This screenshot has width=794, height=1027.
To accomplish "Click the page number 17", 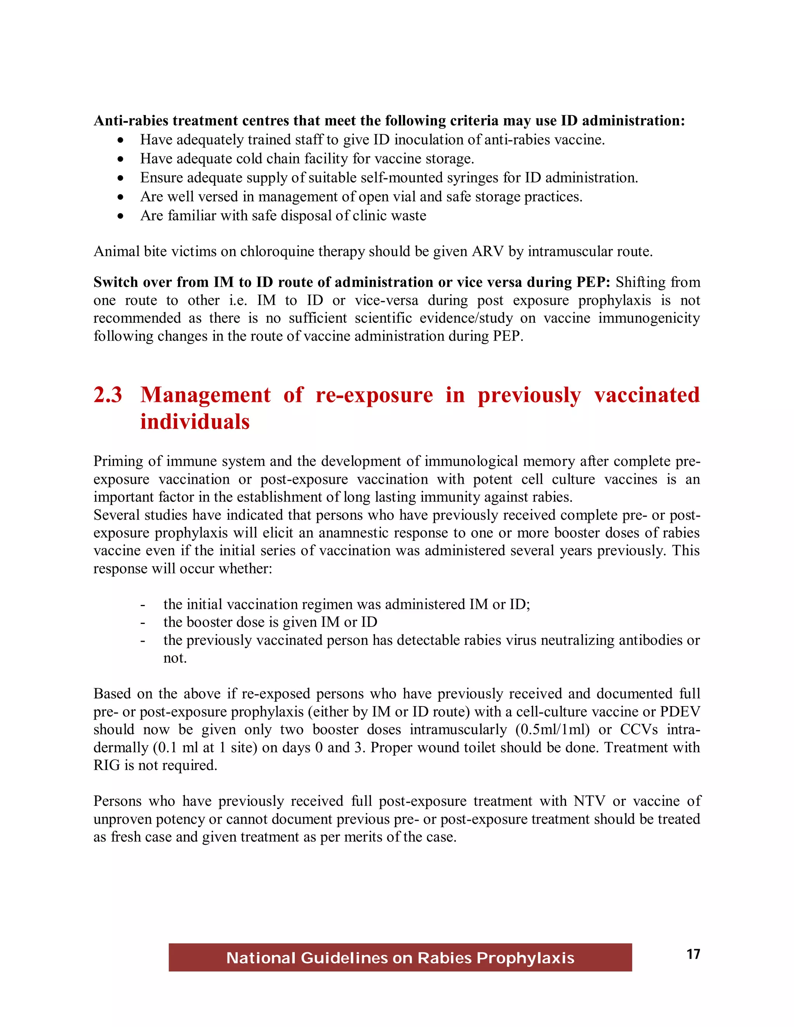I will [693, 954].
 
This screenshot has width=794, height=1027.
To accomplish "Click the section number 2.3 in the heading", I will [108, 395].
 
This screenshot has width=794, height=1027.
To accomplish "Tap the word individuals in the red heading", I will [195, 422].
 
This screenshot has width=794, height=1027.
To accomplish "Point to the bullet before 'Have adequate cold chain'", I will [121, 159].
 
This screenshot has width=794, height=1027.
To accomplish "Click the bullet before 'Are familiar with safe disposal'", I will [121, 216].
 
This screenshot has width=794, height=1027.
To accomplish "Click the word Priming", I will [119, 461].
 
